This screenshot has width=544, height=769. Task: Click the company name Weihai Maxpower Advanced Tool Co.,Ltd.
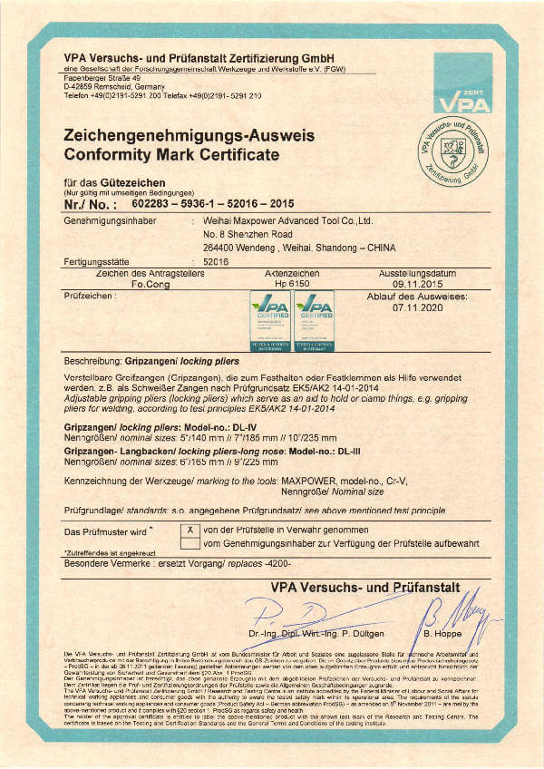click(x=289, y=220)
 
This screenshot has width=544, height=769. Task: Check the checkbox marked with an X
click(x=190, y=529)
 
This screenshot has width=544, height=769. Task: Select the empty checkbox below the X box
click(x=190, y=542)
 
